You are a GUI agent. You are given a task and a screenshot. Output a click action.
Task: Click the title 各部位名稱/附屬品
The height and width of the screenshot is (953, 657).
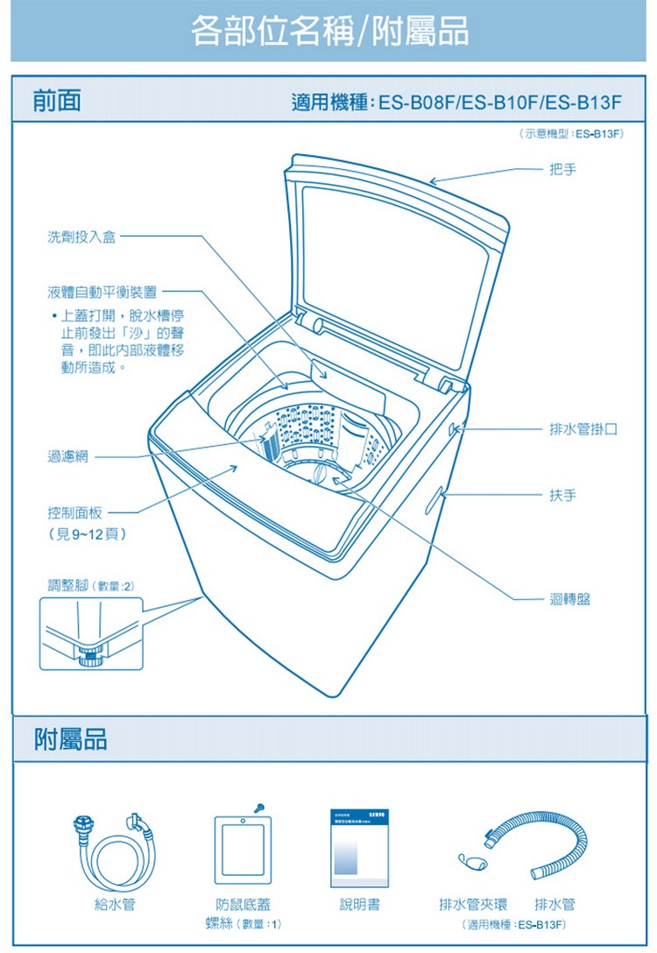tap(328, 32)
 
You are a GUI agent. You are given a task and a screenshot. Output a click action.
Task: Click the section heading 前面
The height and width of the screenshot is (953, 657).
tap(57, 102)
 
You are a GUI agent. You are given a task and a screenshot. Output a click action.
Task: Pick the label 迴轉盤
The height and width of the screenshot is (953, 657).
tap(569, 599)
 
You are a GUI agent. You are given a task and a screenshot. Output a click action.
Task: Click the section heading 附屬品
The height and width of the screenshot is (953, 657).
tap(70, 740)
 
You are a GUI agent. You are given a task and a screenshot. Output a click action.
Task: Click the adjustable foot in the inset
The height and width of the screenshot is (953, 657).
tap(88, 653)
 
